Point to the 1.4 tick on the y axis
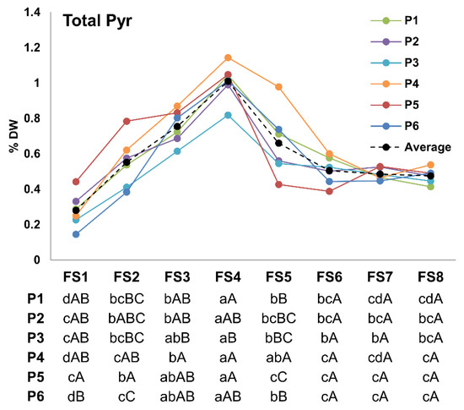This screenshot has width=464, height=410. click(x=33, y=13)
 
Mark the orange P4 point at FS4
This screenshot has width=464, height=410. click(x=228, y=57)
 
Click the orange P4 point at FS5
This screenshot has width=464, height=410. click(x=278, y=87)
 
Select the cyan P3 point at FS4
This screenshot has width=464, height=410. click(x=228, y=115)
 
